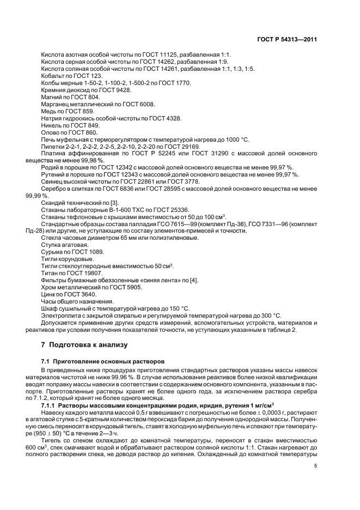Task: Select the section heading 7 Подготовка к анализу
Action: pos(84,345)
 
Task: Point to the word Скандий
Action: pos(53,203)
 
